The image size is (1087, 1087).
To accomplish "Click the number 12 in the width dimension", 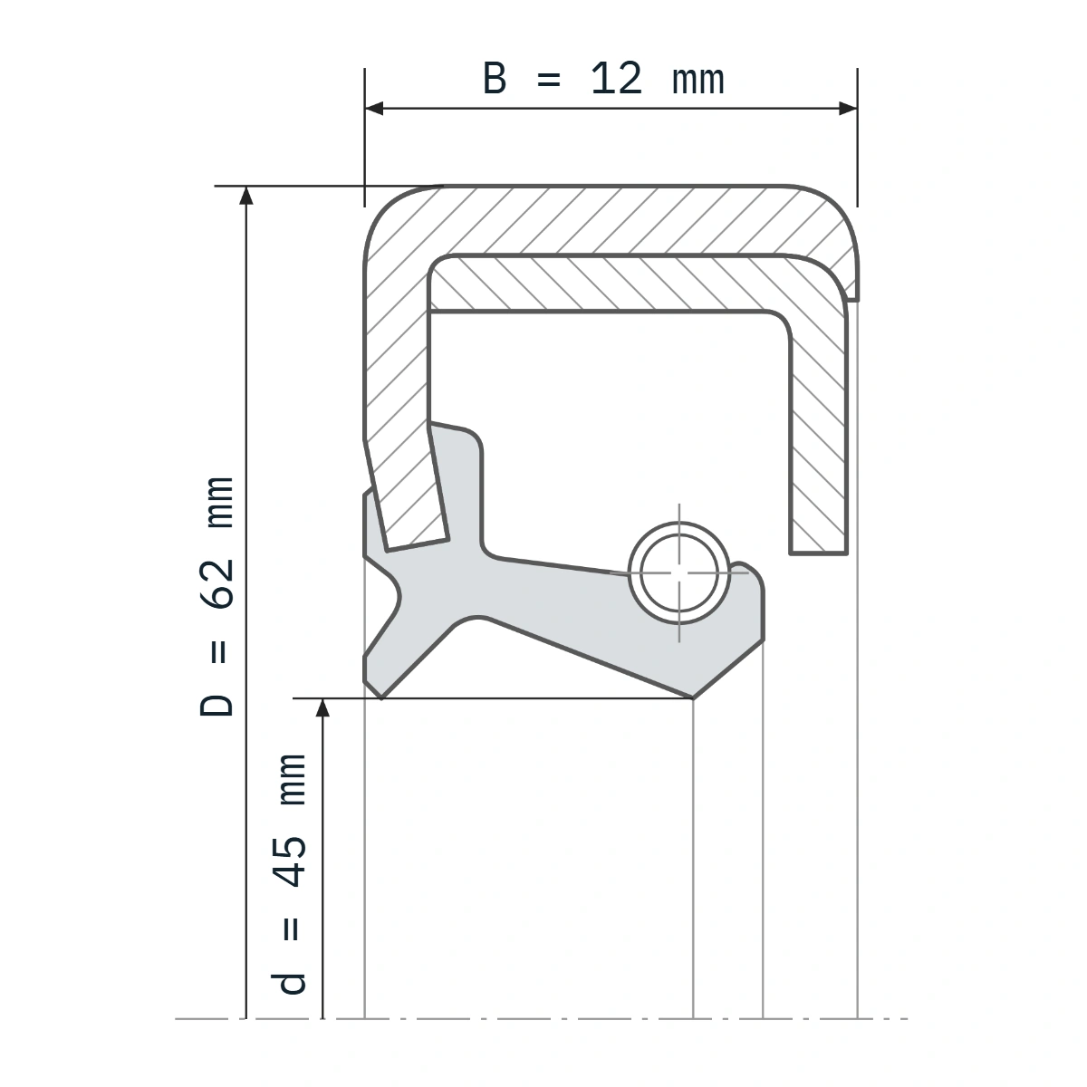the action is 616,79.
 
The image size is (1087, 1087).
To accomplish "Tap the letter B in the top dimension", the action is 495,79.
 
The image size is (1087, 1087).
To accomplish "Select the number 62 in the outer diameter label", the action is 217,584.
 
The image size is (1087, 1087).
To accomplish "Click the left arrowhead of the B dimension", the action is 374,109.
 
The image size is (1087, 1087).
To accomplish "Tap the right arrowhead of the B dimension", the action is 848,109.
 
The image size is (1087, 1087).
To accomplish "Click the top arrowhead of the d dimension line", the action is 322,707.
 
